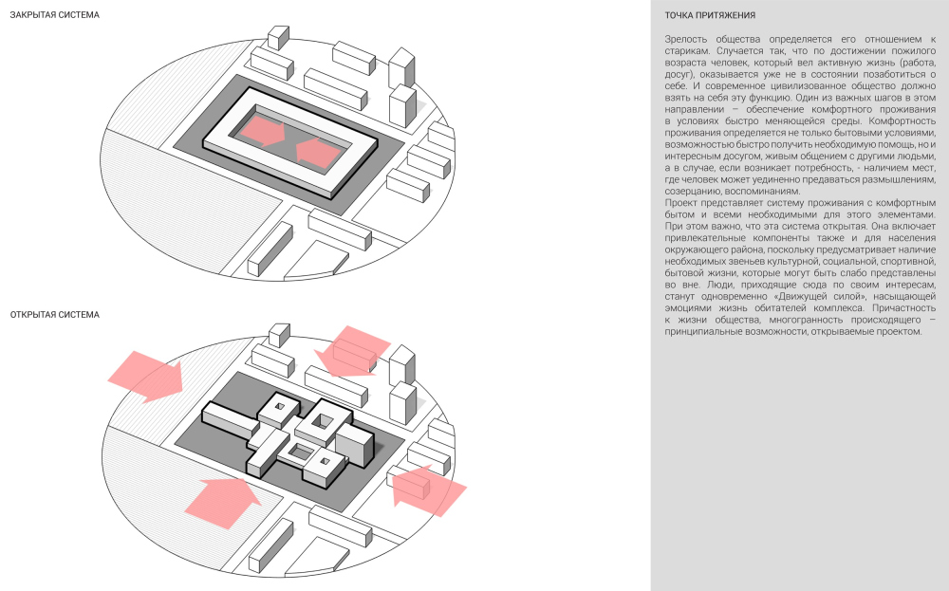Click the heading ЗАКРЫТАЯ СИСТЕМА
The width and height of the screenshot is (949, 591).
coord(54,14)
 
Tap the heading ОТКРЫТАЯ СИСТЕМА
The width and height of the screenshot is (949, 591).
coord(54,315)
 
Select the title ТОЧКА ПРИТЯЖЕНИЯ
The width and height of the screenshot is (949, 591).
coord(710,15)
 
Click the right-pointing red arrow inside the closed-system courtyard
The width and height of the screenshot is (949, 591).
coord(262,131)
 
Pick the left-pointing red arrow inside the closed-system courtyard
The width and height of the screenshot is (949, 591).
coord(318,153)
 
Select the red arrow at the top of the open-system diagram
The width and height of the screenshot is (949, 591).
coord(353,351)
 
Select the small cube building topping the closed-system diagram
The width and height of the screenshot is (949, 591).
coord(278,38)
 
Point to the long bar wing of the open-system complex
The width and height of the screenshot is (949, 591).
coord(230,418)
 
